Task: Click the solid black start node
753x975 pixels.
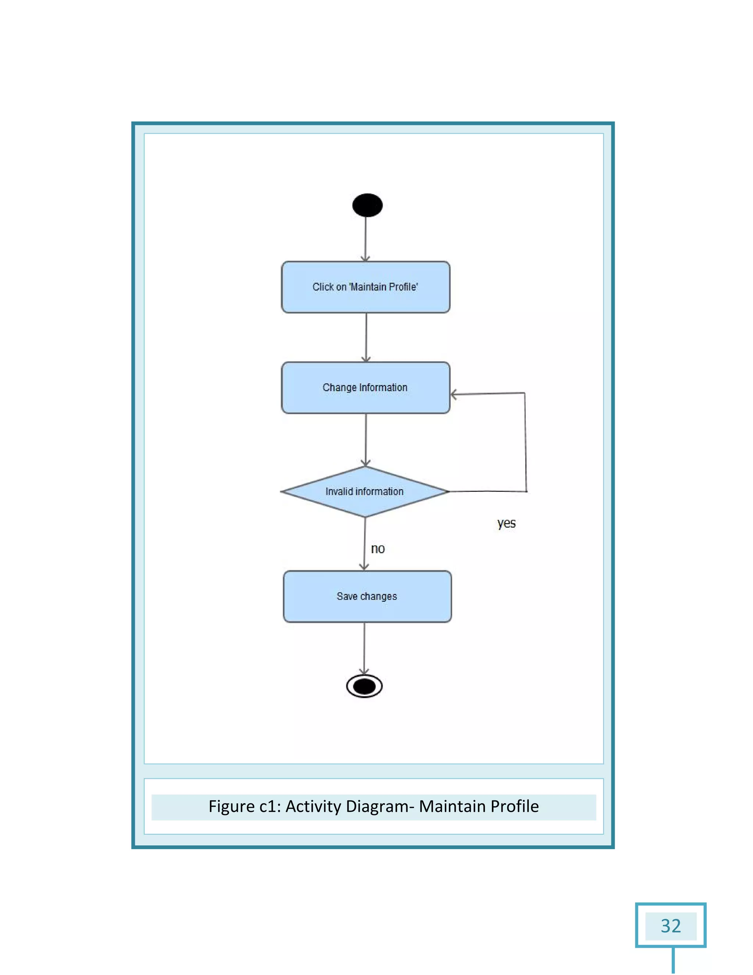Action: [367, 205]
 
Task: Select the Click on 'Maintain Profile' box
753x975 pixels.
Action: [365, 287]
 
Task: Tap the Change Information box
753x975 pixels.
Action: [365, 387]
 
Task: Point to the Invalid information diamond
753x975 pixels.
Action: [364, 492]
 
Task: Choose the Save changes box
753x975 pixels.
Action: [367, 596]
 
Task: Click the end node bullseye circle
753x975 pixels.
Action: [364, 686]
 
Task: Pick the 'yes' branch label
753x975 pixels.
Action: [506, 523]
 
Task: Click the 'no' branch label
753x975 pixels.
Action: [378, 549]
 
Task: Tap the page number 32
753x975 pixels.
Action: [671, 926]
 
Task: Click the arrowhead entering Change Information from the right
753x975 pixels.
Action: [454, 395]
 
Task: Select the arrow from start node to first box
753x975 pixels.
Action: [366, 239]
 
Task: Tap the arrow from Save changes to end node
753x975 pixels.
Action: [364, 648]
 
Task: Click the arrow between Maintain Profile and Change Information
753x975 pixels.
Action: [366, 337]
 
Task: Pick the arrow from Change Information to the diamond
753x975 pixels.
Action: [366, 440]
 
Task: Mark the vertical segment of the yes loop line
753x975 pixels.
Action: [525, 442]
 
